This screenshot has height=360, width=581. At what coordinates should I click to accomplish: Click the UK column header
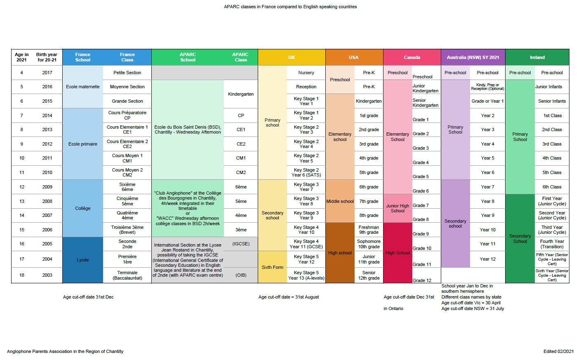pyautogui.click(x=292, y=57)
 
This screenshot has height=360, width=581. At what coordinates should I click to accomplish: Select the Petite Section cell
pyautogui.click(x=127, y=73)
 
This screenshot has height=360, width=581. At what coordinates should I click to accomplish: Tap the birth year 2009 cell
pyautogui.click(x=47, y=187)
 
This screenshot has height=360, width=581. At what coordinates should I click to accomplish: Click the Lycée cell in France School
pyautogui.click(x=82, y=260)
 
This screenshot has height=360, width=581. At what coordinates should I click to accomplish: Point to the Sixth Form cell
pyautogui.click(x=272, y=267)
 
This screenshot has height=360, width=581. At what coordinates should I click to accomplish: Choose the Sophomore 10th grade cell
pyautogui.click(x=369, y=244)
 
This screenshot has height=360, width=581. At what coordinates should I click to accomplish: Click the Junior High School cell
pyautogui.click(x=398, y=208)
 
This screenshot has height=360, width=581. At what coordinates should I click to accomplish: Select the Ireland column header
pyautogui.click(x=537, y=57)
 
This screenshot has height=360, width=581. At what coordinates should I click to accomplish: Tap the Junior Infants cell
pyautogui.click(x=548, y=87)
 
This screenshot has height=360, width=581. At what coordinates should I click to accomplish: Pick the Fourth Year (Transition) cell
pyautogui.click(x=552, y=244)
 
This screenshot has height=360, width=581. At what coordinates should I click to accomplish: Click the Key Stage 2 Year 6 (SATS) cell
pyautogui.click(x=306, y=172)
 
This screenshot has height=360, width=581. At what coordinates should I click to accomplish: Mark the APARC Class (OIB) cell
pyautogui.click(x=241, y=275)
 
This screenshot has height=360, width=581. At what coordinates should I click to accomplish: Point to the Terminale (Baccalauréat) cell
pyautogui.click(x=127, y=275)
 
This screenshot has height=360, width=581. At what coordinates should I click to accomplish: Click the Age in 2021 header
pyautogui.click(x=21, y=57)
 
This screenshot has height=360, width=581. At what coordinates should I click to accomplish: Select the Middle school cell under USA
pyautogui.click(x=340, y=201)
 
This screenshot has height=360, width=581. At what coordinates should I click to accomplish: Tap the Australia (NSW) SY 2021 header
pyautogui.click(x=473, y=57)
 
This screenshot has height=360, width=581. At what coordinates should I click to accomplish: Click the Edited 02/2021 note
pyautogui.click(x=558, y=351)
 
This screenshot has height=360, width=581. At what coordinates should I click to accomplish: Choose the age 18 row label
pyautogui.click(x=22, y=275)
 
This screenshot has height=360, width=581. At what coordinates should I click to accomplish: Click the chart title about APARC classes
pyautogui.click(x=290, y=7)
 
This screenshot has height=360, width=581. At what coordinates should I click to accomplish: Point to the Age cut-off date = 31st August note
pyautogui.click(x=289, y=297)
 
